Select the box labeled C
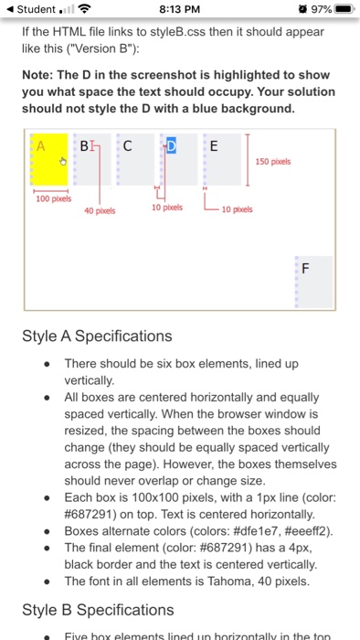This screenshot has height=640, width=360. tap(127, 145)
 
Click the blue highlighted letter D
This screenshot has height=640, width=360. tap(171, 145)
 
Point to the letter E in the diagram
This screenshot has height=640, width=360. tap(214, 145)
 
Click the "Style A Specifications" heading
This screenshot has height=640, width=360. tap(97, 336)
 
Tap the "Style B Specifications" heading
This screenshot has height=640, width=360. tap(97, 610)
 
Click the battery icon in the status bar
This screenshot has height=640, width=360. tap(343, 10)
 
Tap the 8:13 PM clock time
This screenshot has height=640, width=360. tap(179, 10)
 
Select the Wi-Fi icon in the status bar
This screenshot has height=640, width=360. tap(85, 10)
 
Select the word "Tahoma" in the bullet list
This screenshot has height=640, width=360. tap(211, 581)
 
